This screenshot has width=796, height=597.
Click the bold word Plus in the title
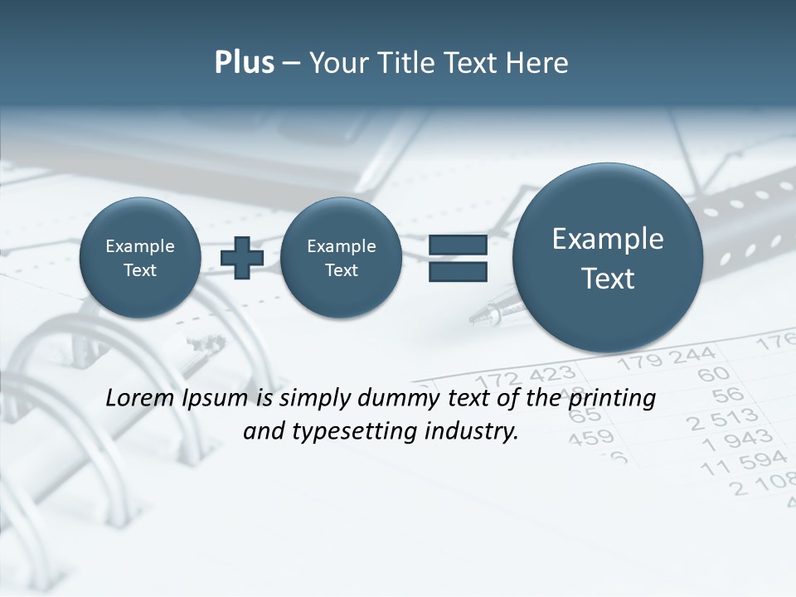pyautogui.click(x=244, y=63)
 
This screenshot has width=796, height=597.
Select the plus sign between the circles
pyautogui.click(x=242, y=257)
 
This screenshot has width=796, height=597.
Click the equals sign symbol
pyautogui.click(x=458, y=258)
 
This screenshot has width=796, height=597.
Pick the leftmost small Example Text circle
pyautogui.click(x=140, y=258)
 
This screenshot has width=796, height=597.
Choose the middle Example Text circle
pyautogui.click(x=341, y=258)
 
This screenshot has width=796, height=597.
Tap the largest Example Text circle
pyautogui.click(x=608, y=258)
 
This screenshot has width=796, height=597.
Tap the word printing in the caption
pyautogui.click(x=612, y=398)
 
